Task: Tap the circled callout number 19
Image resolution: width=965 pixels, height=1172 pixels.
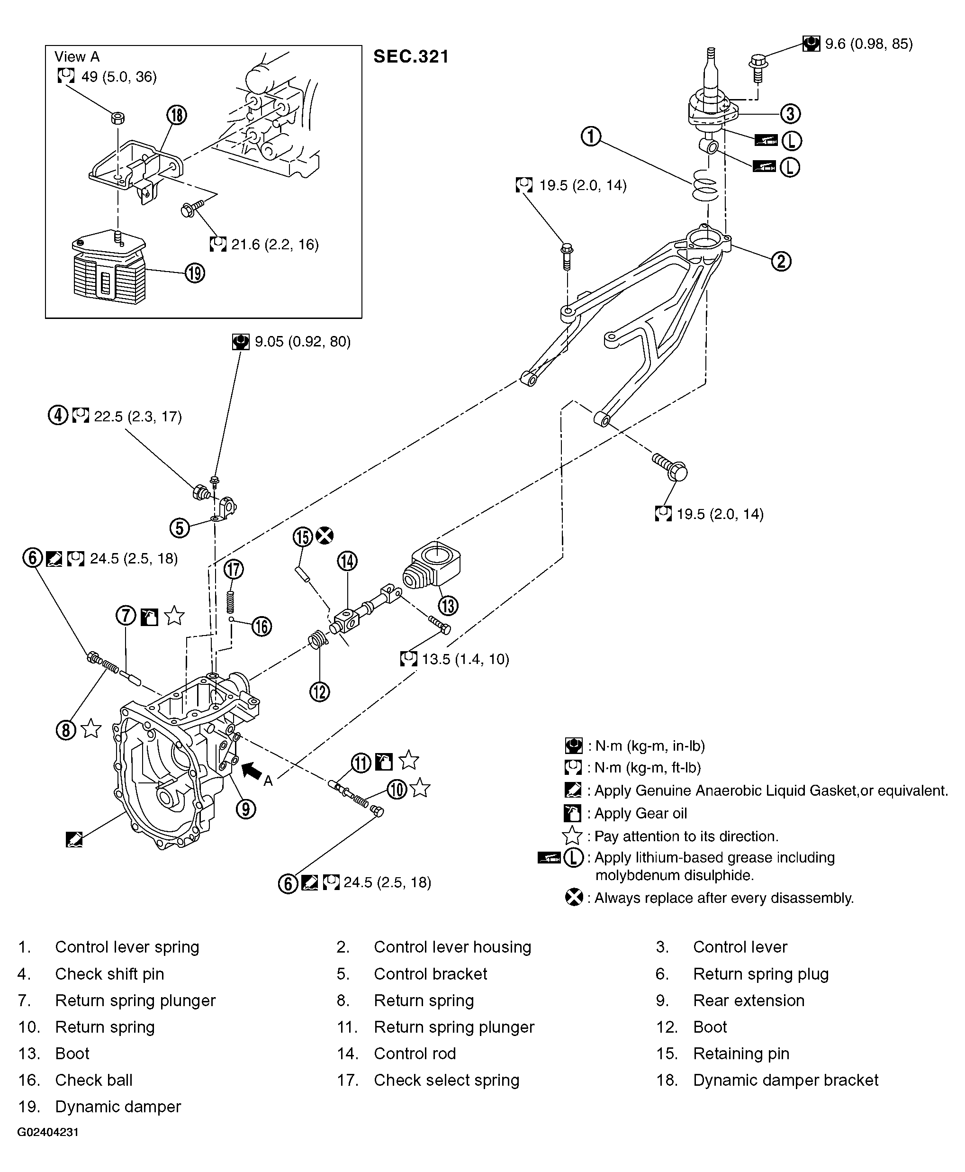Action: pyautogui.click(x=195, y=273)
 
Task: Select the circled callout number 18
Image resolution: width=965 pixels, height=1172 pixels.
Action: pyautogui.click(x=176, y=115)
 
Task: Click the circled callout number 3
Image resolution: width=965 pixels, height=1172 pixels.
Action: pyautogui.click(x=790, y=113)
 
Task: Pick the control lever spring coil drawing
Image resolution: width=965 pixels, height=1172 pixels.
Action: pyautogui.click(x=706, y=185)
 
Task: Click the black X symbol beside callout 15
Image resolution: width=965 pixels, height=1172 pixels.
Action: pyautogui.click(x=325, y=536)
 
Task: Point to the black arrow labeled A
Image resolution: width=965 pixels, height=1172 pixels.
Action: pyautogui.click(x=253, y=770)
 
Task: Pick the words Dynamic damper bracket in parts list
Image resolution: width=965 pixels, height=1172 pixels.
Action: pyautogui.click(x=785, y=1080)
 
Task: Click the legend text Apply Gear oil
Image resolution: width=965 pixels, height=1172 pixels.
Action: pyautogui.click(x=640, y=813)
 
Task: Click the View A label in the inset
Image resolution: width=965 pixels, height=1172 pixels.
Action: pyautogui.click(x=77, y=57)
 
